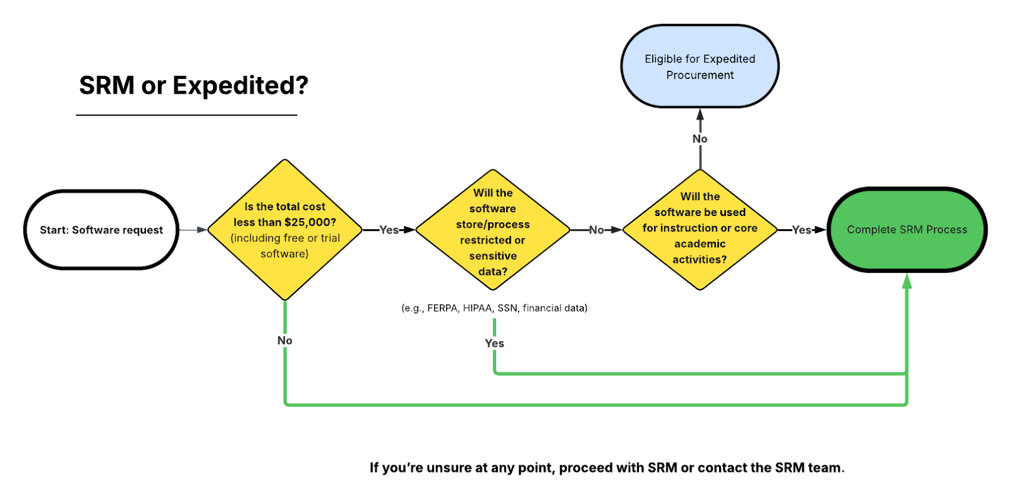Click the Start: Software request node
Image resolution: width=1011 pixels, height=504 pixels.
[101, 230]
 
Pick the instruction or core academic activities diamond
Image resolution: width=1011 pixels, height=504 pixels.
[699, 229]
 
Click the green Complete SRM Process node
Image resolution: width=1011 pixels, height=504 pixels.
[907, 230]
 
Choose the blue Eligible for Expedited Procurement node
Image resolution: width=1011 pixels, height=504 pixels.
[699, 66]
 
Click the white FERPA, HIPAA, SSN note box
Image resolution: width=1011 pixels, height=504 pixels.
[494, 308]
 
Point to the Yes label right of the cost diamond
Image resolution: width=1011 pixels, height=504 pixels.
[389, 230]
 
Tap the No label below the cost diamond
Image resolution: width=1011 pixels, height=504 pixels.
[285, 341]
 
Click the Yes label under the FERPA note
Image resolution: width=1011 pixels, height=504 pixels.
[495, 344]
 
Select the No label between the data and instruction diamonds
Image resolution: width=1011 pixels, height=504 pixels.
[596, 230]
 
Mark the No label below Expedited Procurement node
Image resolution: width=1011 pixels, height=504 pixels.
[699, 139]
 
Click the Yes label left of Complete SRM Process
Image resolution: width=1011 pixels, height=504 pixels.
[801, 230]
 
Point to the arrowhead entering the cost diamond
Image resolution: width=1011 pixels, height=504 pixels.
[202, 230]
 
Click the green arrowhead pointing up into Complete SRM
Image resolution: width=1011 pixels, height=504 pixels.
[907, 280]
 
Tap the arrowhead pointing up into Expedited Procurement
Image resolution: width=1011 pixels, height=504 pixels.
[699, 115]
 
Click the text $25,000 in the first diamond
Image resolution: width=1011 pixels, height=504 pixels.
[310, 222]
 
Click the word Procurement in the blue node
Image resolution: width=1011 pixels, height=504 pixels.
[699, 75]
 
